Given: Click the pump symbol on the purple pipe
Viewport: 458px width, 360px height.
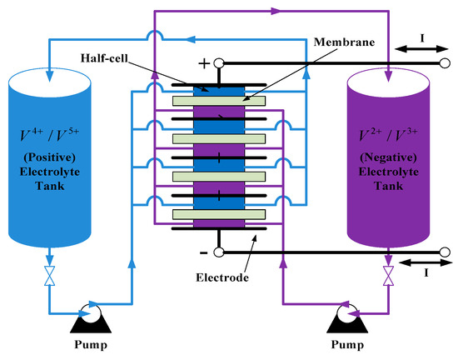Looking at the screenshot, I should pos(348,313).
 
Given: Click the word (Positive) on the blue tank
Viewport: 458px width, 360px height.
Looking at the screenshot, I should pos(48,159).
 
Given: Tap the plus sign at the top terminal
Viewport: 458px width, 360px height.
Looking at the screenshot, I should pos(202,62).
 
